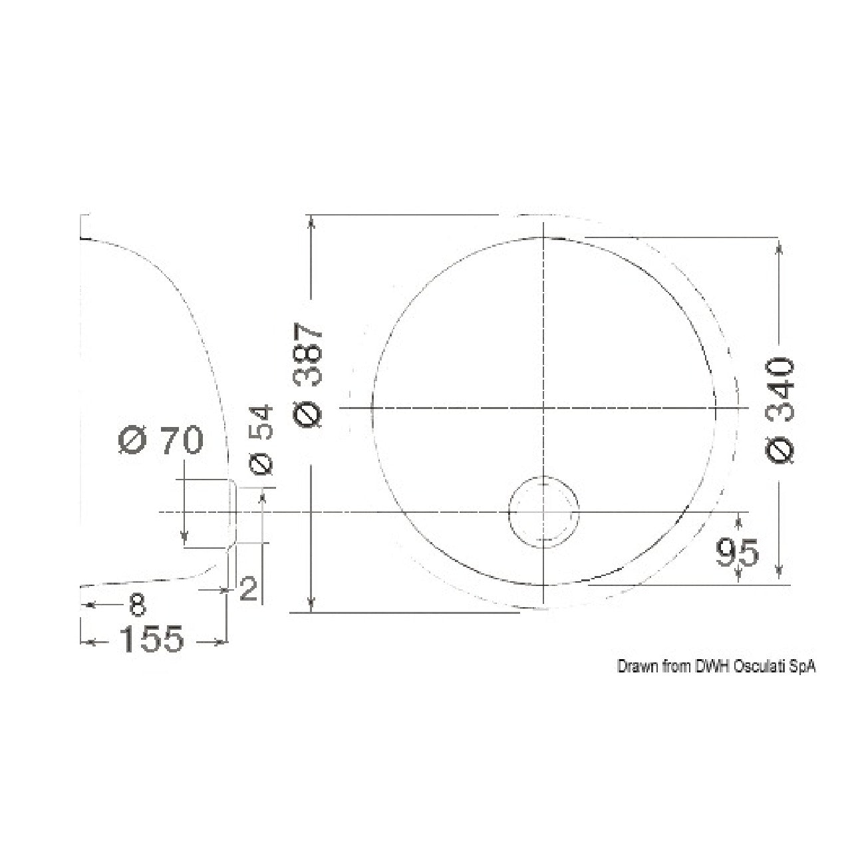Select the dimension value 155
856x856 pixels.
tap(152, 639)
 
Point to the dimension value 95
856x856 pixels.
tap(738, 553)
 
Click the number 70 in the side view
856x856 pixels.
tap(182, 440)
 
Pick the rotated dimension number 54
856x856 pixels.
tap(260, 422)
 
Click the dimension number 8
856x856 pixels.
tap(137, 605)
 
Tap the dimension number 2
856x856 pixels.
tap(249, 589)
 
